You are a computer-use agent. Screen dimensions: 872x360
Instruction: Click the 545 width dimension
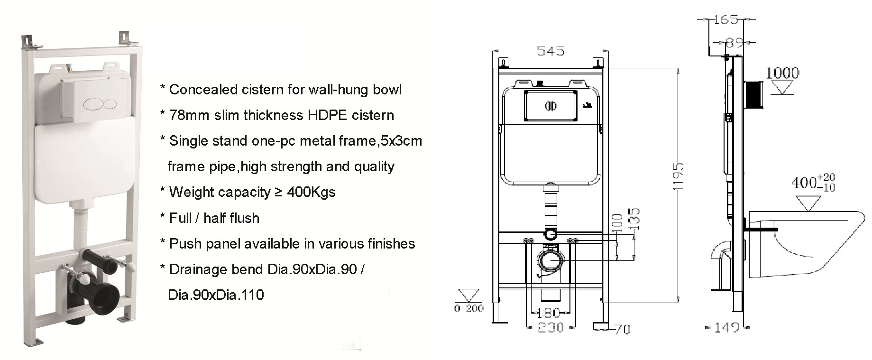(551, 51)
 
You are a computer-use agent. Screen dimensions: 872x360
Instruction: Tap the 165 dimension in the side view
(726, 19)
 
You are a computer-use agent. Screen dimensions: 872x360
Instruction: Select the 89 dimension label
(734, 43)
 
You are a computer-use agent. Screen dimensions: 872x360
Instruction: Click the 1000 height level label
(782, 73)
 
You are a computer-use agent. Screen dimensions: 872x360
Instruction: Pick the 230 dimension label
(551, 327)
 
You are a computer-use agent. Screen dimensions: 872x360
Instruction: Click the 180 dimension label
(550, 313)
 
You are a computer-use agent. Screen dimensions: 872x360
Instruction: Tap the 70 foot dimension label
(623, 329)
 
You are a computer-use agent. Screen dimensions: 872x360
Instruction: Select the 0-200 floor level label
(468, 308)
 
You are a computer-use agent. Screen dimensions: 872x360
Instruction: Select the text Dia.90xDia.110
(216, 295)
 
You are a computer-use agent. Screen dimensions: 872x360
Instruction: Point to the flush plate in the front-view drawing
(551, 105)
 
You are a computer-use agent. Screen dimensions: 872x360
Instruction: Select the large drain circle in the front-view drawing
(551, 260)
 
